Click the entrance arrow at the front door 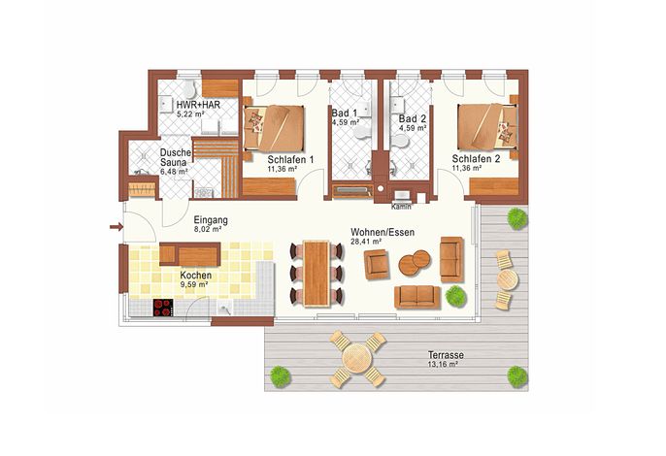coord(116,227)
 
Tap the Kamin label coord(401,208)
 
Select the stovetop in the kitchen coord(163,308)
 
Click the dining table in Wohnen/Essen coord(316,273)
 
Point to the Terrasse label coord(446,355)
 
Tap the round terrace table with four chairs coord(357,359)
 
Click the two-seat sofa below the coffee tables coord(417,297)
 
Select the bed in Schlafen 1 coord(274,129)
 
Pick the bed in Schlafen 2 coord(487,126)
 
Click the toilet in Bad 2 coord(398,140)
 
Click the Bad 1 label coord(344,114)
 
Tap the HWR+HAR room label coord(198,105)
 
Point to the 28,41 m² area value coord(366,242)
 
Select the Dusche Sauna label coord(175,157)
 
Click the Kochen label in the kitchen coord(196,276)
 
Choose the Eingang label coord(211,220)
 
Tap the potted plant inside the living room coord(455,296)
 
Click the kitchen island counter coord(190,254)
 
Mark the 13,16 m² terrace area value coord(443,364)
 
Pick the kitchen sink coord(224,309)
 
